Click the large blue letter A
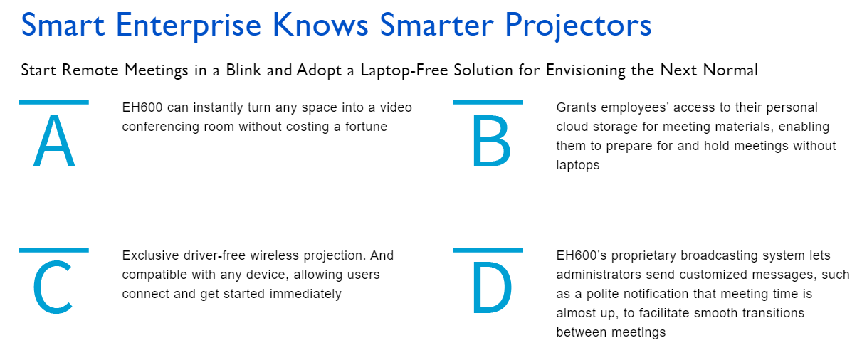point(54,141)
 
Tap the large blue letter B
point(491,142)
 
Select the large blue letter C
point(53,287)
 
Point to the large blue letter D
point(492,287)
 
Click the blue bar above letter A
point(54,102)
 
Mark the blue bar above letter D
point(488,250)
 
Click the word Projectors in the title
point(577,26)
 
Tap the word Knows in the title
point(320,26)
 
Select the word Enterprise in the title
point(189,26)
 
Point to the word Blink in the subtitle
point(243,70)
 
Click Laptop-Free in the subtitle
point(404,70)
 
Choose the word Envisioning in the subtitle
point(586,70)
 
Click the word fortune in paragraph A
point(366,127)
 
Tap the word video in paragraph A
point(396,107)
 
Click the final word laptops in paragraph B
point(577,166)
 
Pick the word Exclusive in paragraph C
point(150,255)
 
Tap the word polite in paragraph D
point(603,295)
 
